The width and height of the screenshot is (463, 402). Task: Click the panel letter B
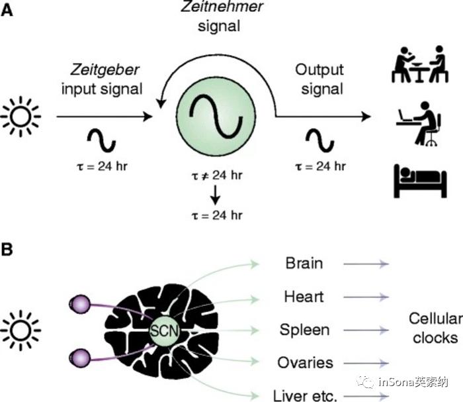click(x=9, y=250)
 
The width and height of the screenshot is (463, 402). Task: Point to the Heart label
click(x=304, y=296)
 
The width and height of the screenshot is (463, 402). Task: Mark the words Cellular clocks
click(x=434, y=328)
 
